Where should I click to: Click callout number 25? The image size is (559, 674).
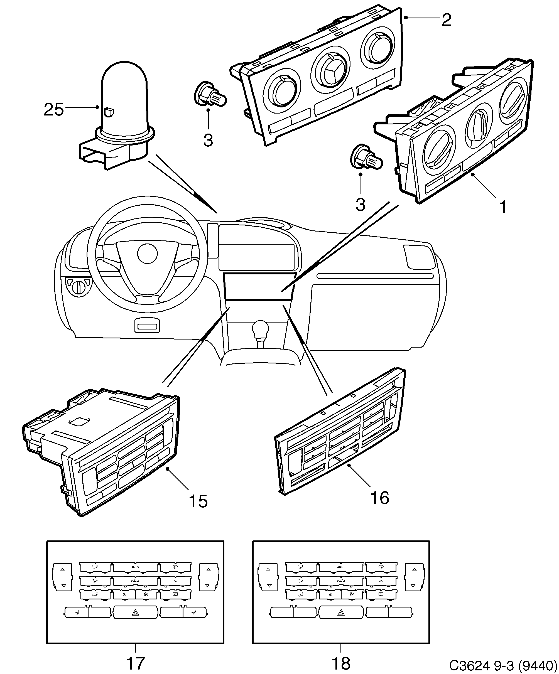(54, 110)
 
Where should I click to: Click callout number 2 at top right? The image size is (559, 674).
(446, 20)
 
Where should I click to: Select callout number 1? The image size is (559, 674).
(503, 207)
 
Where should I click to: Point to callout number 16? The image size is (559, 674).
(379, 498)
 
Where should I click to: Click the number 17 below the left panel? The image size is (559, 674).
(135, 663)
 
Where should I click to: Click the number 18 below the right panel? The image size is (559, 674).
(341, 663)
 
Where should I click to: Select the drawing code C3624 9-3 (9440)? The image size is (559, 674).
(503, 665)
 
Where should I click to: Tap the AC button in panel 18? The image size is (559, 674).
(381, 580)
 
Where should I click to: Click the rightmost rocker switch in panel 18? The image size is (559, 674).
(414, 577)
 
